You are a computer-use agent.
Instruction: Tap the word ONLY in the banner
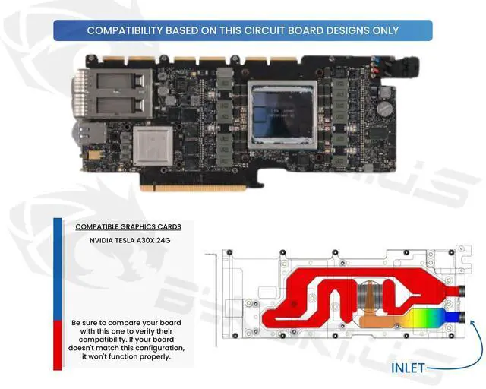[383, 30]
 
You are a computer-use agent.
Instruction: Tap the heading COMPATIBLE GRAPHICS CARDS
[123, 227]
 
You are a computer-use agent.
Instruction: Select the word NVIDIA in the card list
[104, 241]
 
